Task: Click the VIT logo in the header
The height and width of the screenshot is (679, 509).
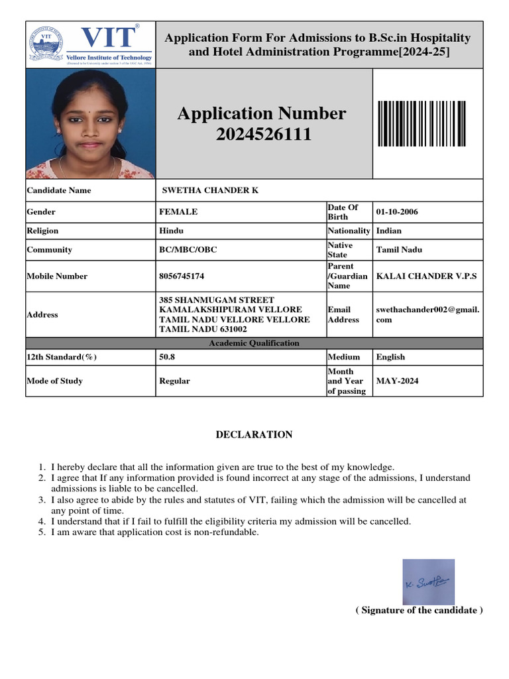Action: coord(91,44)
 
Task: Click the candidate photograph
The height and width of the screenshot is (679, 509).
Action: coord(91,124)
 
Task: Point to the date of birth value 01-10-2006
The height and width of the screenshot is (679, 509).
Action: coord(397,212)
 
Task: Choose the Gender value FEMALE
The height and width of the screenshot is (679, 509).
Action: coord(178,212)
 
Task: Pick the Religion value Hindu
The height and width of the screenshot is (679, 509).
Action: coord(171,231)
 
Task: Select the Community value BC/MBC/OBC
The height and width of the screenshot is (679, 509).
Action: coord(188,250)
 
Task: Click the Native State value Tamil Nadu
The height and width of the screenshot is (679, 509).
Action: coord(400,250)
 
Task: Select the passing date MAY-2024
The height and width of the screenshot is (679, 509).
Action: coord(398,381)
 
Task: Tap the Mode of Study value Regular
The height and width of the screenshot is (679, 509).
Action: coord(174,381)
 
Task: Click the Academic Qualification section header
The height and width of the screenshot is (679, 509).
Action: coord(254,343)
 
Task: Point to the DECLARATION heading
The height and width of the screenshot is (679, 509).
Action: coord(254,435)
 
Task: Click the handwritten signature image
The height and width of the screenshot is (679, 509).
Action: coord(427,582)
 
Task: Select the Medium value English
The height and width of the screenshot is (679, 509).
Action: coord(390,357)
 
